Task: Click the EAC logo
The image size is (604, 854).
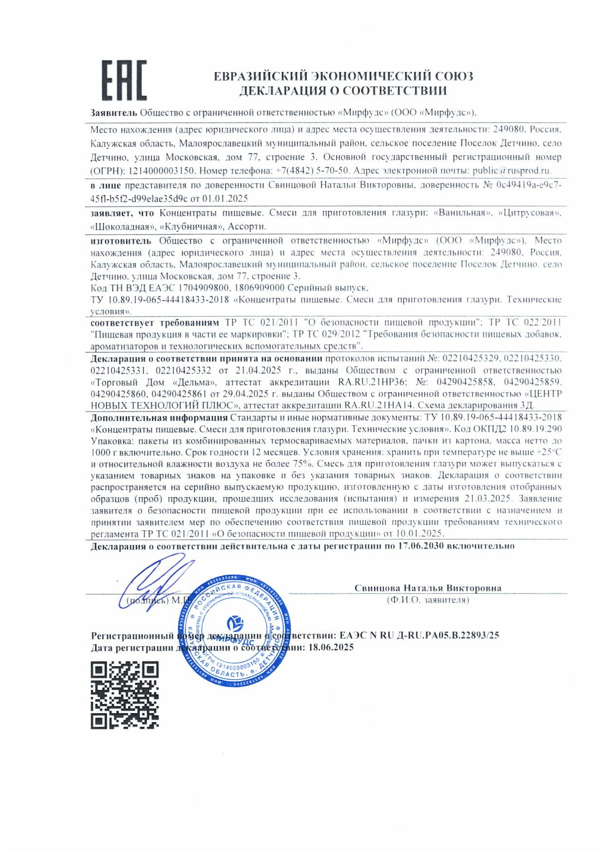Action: pyautogui.click(x=124, y=81)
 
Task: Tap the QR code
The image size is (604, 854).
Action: pyautogui.click(x=125, y=695)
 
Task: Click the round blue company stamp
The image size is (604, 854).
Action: pyautogui.click(x=235, y=631)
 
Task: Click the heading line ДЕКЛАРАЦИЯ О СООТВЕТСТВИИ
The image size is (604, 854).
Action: pyautogui.click(x=343, y=91)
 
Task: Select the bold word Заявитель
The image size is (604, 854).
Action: pyautogui.click(x=114, y=113)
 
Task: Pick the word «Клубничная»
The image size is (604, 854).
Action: pyautogui.click(x=191, y=226)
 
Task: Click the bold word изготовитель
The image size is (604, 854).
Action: pyautogui.click(x=121, y=241)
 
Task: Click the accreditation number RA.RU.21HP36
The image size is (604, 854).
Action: pyautogui.click(x=372, y=382)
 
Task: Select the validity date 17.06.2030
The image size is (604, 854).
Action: pyautogui.click(x=420, y=546)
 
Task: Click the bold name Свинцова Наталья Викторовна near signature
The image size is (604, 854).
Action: pyautogui.click(x=428, y=588)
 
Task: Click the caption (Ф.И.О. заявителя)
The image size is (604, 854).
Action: pyautogui.click(x=428, y=600)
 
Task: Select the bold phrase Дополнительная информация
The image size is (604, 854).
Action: pyautogui.click(x=159, y=418)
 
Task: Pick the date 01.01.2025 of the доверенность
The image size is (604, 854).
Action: pyautogui.click(x=226, y=199)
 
